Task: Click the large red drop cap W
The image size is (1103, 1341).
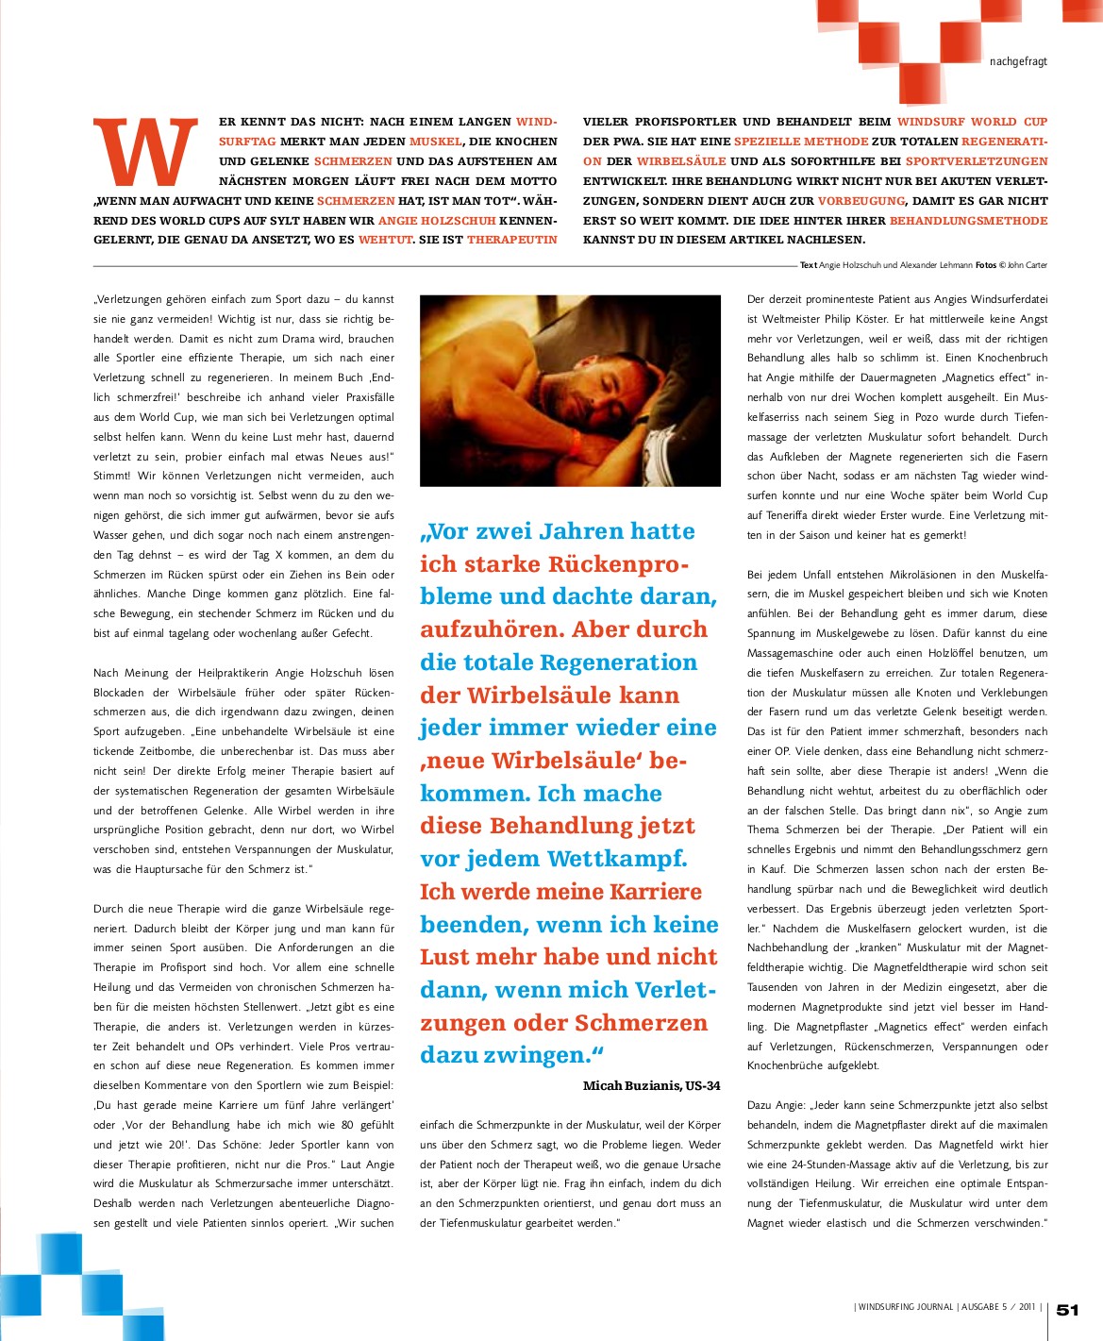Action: tap(146, 152)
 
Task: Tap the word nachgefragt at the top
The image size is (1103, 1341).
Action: tap(1018, 61)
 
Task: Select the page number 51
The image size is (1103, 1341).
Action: tap(1067, 1309)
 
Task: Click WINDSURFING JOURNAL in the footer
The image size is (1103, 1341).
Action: tap(905, 1307)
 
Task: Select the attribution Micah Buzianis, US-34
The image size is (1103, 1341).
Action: tap(651, 1085)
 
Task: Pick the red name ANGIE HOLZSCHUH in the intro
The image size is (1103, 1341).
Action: tap(437, 220)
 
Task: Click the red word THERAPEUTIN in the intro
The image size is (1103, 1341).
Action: tap(512, 240)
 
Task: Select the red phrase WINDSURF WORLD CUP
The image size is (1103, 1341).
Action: tap(972, 122)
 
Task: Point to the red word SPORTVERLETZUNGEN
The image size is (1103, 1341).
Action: tap(977, 161)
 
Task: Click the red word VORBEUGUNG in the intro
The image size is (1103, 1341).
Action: tap(861, 201)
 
